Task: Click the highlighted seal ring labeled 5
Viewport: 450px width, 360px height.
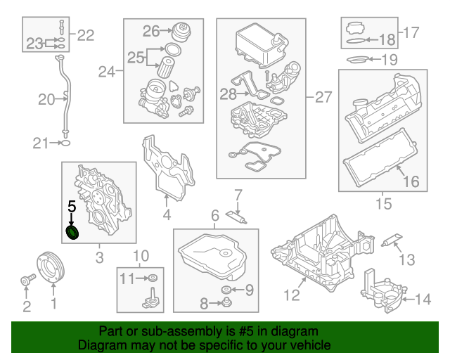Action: click(x=72, y=233)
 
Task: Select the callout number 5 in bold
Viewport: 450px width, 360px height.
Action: click(x=70, y=207)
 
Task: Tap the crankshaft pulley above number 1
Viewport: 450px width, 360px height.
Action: click(x=50, y=269)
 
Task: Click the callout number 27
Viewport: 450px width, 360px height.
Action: click(x=322, y=97)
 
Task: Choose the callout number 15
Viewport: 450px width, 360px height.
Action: click(x=382, y=204)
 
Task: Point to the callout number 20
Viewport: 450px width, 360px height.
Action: click(x=46, y=100)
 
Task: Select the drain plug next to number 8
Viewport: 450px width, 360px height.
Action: click(x=227, y=303)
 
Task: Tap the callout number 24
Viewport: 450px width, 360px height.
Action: click(x=107, y=71)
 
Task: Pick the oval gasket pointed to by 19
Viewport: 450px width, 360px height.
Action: click(x=358, y=59)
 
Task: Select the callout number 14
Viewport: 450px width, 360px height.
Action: click(x=423, y=300)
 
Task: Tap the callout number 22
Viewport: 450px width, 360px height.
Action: click(x=85, y=34)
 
